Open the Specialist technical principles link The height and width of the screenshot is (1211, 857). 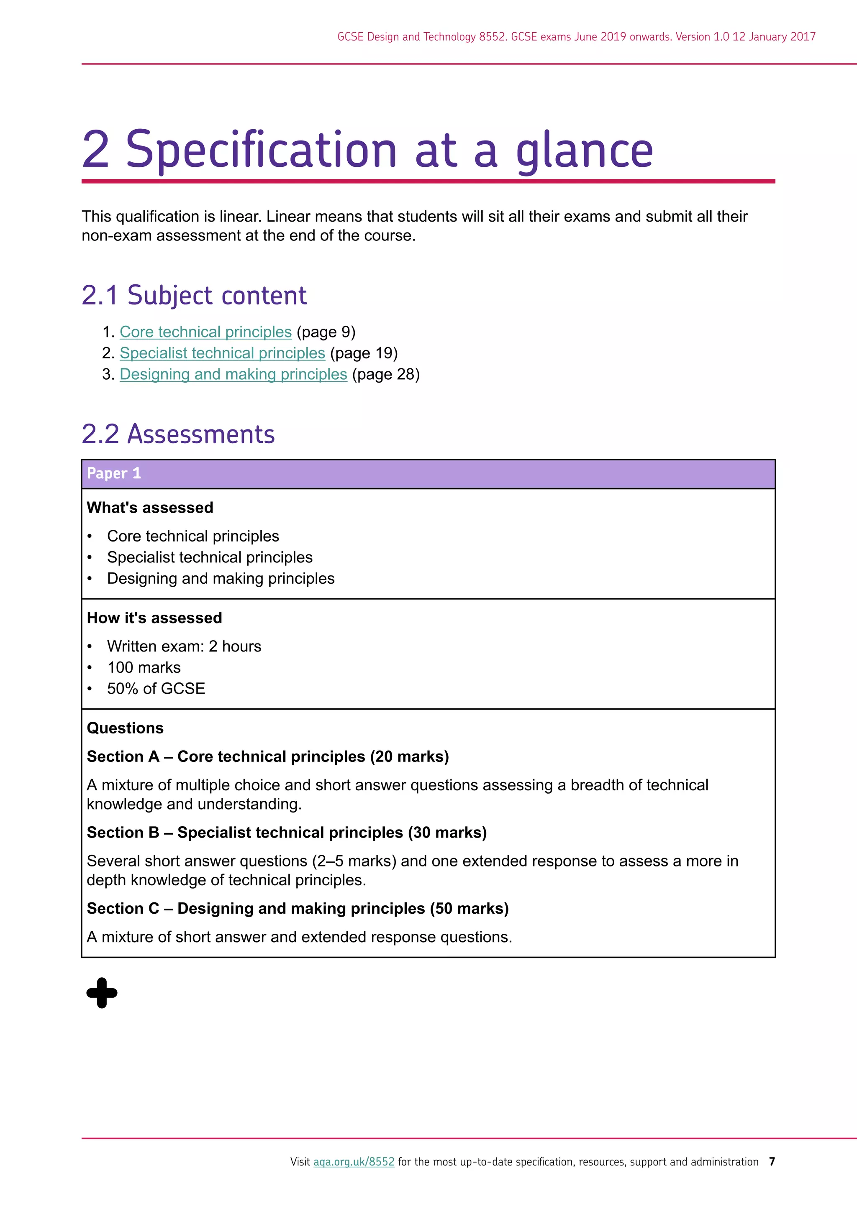[222, 353]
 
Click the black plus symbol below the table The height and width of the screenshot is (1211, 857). [102, 993]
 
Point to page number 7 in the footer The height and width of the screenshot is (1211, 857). [772, 1161]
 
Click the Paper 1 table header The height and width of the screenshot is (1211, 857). [114, 473]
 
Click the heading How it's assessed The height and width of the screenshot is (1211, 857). [154, 618]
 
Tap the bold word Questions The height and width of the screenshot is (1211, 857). [125, 728]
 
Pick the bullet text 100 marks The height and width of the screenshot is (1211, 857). [144, 667]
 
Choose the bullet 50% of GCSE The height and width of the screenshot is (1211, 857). [156, 688]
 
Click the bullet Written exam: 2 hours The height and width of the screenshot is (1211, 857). [184, 646]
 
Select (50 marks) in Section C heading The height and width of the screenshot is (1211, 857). [469, 908]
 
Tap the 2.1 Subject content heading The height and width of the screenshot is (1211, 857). [194, 295]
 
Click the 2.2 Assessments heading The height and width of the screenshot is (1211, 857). [178, 434]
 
